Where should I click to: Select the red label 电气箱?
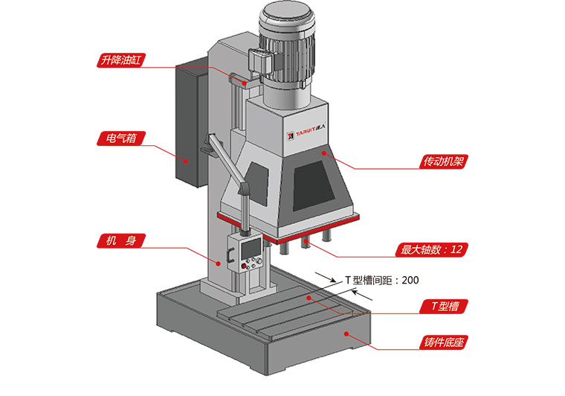pyautogui.click(x=120, y=138)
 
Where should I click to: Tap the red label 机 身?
pyautogui.click(x=120, y=240)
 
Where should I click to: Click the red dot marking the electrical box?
pyautogui.click(x=181, y=159)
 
